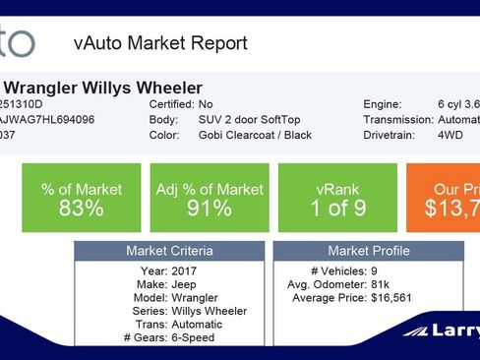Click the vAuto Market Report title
point(160,43)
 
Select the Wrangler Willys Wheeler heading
point(101,88)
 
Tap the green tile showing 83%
point(80,197)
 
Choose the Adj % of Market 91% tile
point(208,197)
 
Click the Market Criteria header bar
point(169,251)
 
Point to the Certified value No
point(205,103)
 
